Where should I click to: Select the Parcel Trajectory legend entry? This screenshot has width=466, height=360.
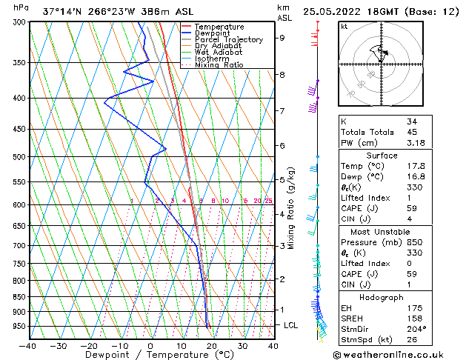(x=228, y=40)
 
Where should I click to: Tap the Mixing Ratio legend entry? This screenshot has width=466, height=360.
(x=219, y=65)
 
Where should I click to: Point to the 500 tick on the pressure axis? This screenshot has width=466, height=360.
(x=17, y=157)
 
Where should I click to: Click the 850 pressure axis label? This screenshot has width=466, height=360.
(x=17, y=297)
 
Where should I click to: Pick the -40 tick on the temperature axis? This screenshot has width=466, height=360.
(x=28, y=346)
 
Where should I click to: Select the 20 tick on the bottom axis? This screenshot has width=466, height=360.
(x=212, y=346)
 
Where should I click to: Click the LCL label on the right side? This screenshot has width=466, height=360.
(x=292, y=325)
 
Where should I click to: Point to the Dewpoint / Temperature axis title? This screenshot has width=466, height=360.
(x=151, y=356)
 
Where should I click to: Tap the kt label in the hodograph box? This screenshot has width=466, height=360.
(x=344, y=27)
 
